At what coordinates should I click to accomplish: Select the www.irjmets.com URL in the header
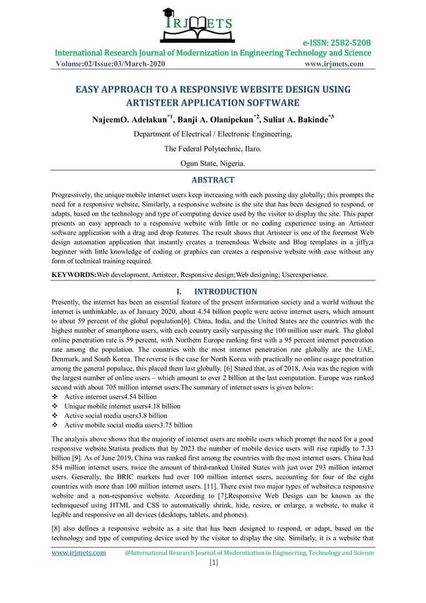click(333, 65)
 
